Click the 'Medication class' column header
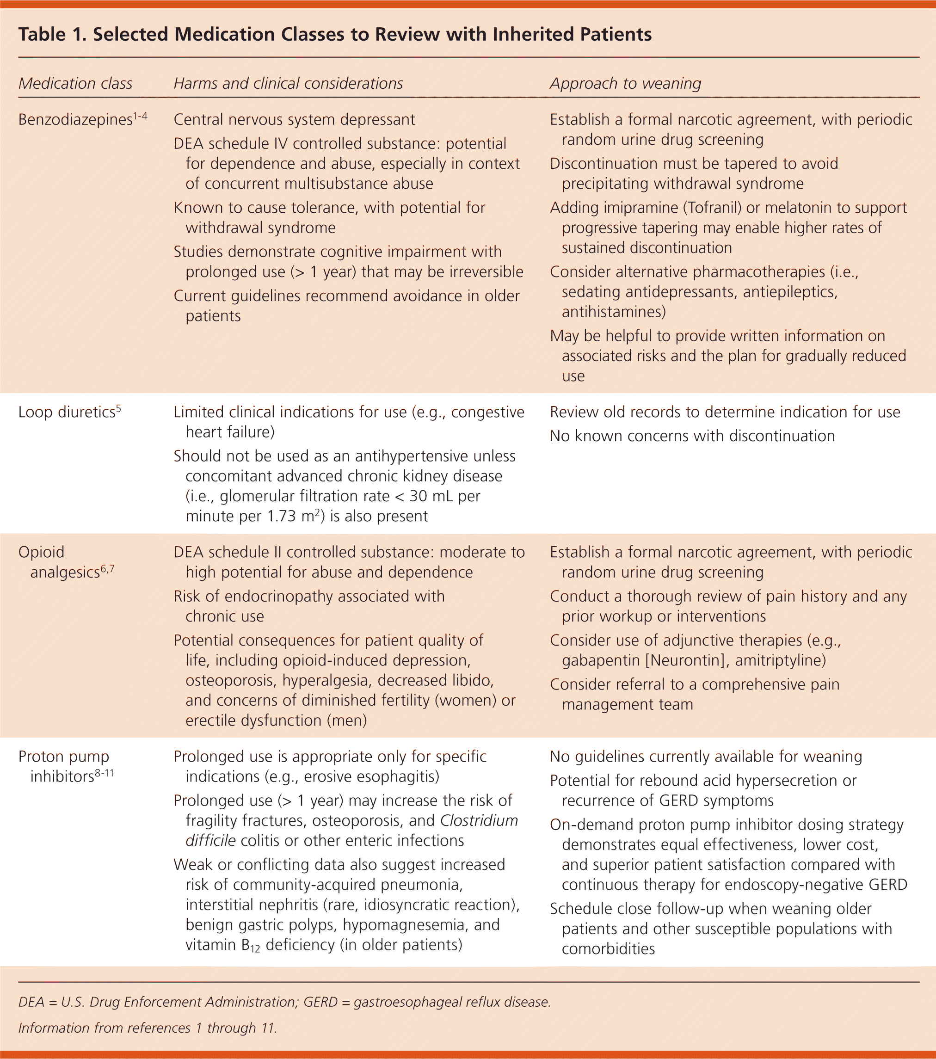(76, 83)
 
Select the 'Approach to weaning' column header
(625, 83)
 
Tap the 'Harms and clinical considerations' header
(288, 83)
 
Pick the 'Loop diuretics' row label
(66, 413)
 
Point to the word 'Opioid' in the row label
(42, 552)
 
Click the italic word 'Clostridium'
(479, 821)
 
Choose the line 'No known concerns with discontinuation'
(692, 436)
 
